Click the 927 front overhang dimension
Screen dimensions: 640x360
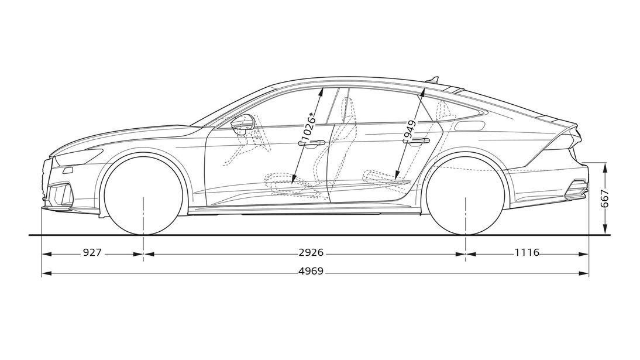pyautogui.click(x=92, y=253)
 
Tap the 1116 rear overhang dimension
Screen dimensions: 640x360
pyautogui.click(x=527, y=253)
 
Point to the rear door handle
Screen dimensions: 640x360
pyautogui.click(x=417, y=142)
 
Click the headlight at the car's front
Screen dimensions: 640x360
pyautogui.click(x=79, y=156)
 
